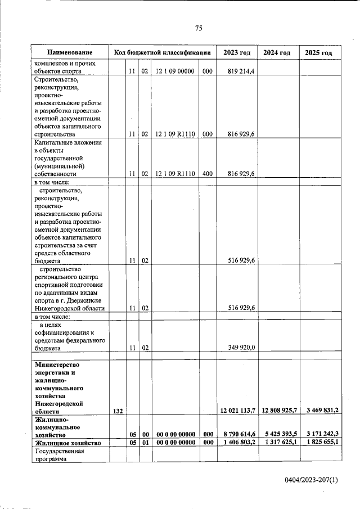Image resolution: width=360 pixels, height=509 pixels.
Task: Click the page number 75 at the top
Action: click(x=199, y=29)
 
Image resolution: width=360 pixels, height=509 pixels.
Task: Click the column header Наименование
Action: click(x=70, y=52)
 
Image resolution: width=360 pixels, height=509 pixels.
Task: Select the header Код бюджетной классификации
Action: click(x=162, y=52)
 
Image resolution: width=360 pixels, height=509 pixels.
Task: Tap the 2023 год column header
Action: click(x=236, y=52)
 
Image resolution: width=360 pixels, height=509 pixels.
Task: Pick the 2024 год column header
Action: click(x=277, y=52)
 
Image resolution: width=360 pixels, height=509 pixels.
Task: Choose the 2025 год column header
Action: click(x=318, y=52)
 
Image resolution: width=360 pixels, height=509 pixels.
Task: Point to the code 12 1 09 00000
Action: click(x=175, y=71)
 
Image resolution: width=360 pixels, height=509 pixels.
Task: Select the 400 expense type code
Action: click(x=207, y=174)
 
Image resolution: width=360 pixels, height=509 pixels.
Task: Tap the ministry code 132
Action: click(x=118, y=411)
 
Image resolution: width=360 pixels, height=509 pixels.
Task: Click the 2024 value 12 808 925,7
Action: click(x=280, y=411)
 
